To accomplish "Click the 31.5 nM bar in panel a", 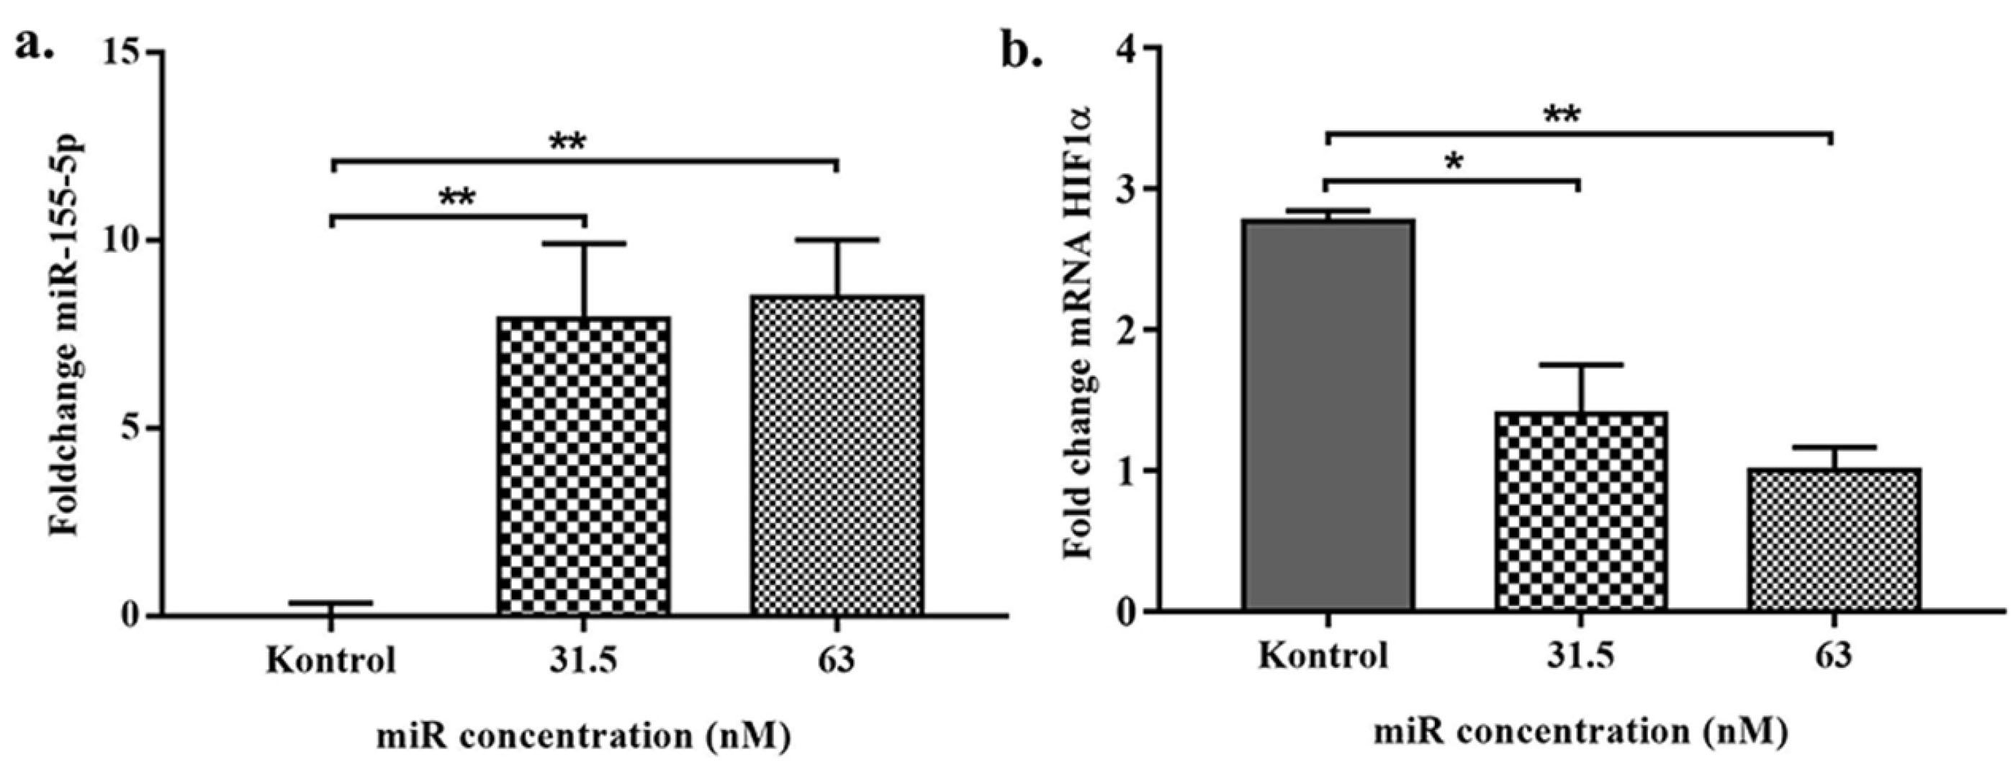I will coord(584,466).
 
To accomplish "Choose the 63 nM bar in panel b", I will coord(1833,539).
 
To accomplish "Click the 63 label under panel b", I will coord(1833,655).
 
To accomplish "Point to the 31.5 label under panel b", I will coord(1582,655).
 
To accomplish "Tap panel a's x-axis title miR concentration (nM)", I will coord(584,738).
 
